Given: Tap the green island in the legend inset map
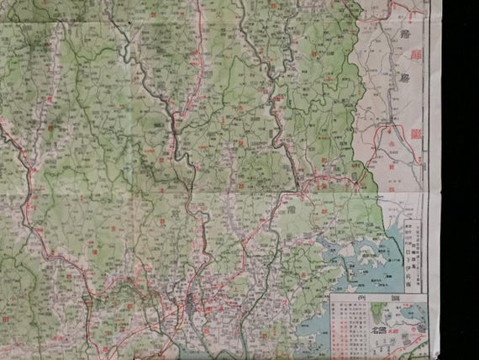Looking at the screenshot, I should point(374,315).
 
